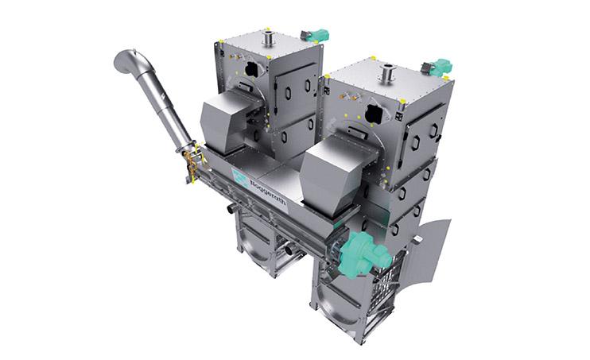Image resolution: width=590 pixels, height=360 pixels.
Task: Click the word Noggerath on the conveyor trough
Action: pyautogui.click(x=267, y=192)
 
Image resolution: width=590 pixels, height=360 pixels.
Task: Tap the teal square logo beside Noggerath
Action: pyautogui.click(x=239, y=176)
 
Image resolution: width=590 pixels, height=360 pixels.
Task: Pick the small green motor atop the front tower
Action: pyautogui.click(x=439, y=67)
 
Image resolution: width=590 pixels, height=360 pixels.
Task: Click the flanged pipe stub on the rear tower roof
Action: pyautogui.click(x=268, y=39)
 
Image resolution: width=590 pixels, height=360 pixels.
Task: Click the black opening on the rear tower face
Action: pyautogui.click(x=250, y=69)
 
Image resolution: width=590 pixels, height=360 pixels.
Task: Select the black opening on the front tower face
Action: pyautogui.click(x=374, y=114)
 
